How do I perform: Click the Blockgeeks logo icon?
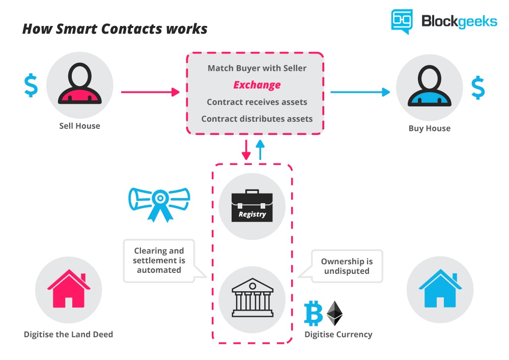tap(402, 21)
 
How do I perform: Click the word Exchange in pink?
tap(257, 85)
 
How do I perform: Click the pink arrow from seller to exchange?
tap(150, 92)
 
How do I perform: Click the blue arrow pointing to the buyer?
tap(359, 92)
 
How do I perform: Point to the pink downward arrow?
tap(247, 149)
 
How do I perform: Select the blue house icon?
tap(440, 289)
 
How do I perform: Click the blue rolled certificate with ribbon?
tap(159, 202)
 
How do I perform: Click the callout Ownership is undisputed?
tap(347, 266)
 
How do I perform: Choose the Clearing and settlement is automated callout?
tap(159, 260)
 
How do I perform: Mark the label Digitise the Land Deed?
tap(68, 335)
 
